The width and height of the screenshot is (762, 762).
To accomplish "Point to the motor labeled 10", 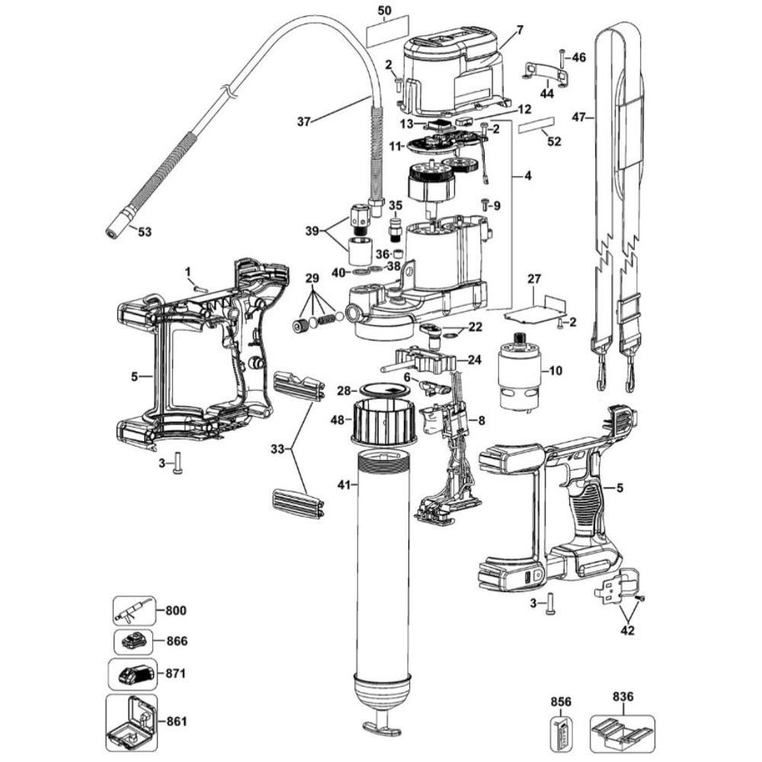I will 519,373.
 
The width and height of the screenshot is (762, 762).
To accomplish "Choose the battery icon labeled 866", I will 133,642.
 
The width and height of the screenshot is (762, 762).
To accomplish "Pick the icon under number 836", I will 622,732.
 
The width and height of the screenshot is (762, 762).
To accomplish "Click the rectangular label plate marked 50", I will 386,35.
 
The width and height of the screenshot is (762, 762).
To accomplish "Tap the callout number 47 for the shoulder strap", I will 581,118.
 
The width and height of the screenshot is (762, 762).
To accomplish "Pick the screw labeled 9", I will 485,204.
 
